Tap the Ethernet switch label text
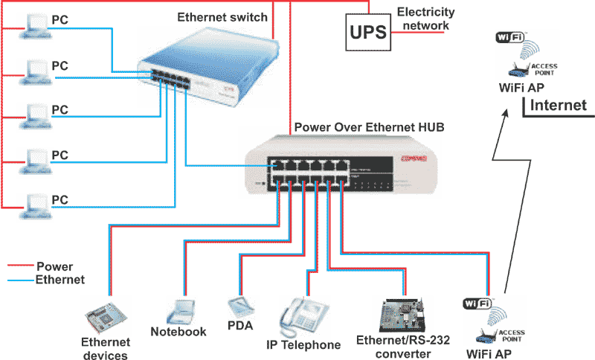point(223,17)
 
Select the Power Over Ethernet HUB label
point(369,127)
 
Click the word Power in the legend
point(55,266)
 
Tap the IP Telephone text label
point(303,345)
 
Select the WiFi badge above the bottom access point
point(476,303)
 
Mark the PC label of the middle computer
point(59,109)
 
